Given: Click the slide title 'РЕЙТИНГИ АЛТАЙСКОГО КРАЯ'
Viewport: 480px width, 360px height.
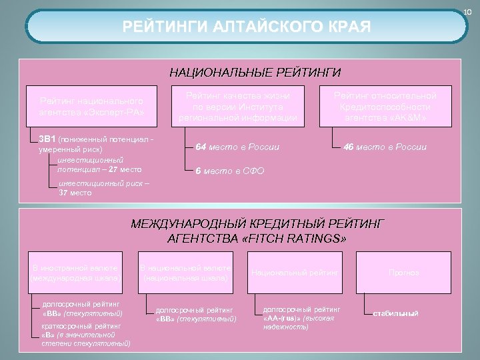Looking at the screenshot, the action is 247,27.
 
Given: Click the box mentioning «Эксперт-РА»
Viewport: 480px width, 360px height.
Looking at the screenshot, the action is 91,107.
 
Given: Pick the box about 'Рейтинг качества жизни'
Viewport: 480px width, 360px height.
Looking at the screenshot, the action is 238,107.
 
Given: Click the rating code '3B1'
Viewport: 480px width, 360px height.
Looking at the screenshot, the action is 47,139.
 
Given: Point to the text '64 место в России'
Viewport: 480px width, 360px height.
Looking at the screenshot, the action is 237,147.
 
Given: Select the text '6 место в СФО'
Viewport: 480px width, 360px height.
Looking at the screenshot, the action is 230,171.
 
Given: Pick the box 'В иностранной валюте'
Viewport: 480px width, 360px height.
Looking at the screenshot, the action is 75,273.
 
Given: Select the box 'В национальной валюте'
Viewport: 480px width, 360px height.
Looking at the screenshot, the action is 185,273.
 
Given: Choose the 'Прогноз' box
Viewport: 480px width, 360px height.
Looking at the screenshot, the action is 404,273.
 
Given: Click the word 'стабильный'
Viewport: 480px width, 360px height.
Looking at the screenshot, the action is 395,313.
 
